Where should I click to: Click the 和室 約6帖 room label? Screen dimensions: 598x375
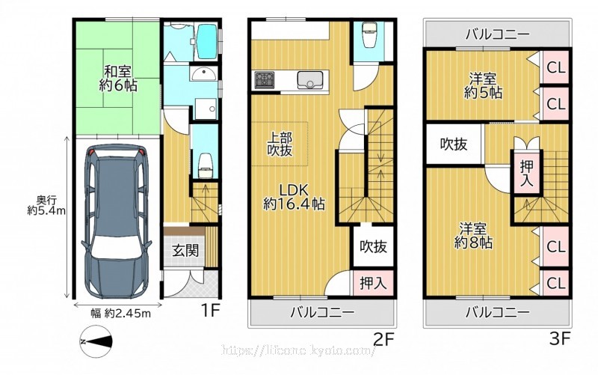(118, 79)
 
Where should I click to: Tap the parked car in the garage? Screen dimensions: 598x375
(117, 222)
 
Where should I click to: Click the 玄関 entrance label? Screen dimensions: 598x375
(185, 251)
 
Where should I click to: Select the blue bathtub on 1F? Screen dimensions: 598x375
(208, 41)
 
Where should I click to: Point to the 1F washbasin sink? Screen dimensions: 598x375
(204, 73)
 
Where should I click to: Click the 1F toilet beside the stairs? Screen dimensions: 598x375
(206, 165)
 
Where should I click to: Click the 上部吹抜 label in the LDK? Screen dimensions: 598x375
(280, 144)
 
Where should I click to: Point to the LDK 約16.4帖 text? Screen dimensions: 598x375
(294, 197)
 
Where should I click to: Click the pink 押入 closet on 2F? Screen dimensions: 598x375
(372, 283)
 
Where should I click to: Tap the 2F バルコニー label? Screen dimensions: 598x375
(323, 312)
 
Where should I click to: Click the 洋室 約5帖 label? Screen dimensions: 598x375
(483, 86)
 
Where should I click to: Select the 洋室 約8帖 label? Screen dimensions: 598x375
(473, 236)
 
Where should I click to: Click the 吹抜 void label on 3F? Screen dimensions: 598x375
(454, 144)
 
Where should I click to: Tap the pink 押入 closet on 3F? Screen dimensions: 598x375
(527, 174)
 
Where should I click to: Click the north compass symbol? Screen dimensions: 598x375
(97, 341)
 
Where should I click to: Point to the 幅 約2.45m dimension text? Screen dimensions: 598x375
(120, 314)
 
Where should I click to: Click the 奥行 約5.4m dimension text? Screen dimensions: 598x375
(46, 205)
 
